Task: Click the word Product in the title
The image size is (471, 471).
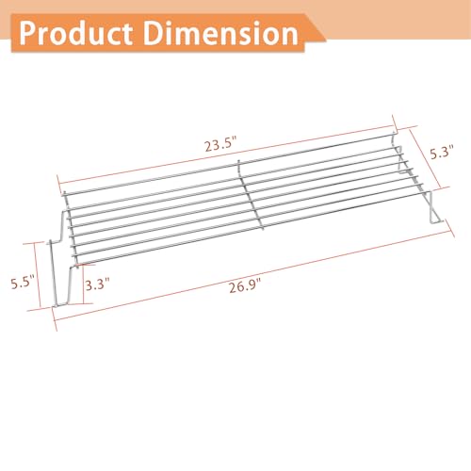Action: point(76,33)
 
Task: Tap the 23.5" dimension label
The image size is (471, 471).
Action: point(220,145)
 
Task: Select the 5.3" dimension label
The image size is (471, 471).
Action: point(442,153)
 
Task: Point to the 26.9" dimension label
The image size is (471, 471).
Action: point(245,286)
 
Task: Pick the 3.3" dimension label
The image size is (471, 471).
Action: point(98,284)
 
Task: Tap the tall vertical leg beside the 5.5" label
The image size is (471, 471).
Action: point(53,273)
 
